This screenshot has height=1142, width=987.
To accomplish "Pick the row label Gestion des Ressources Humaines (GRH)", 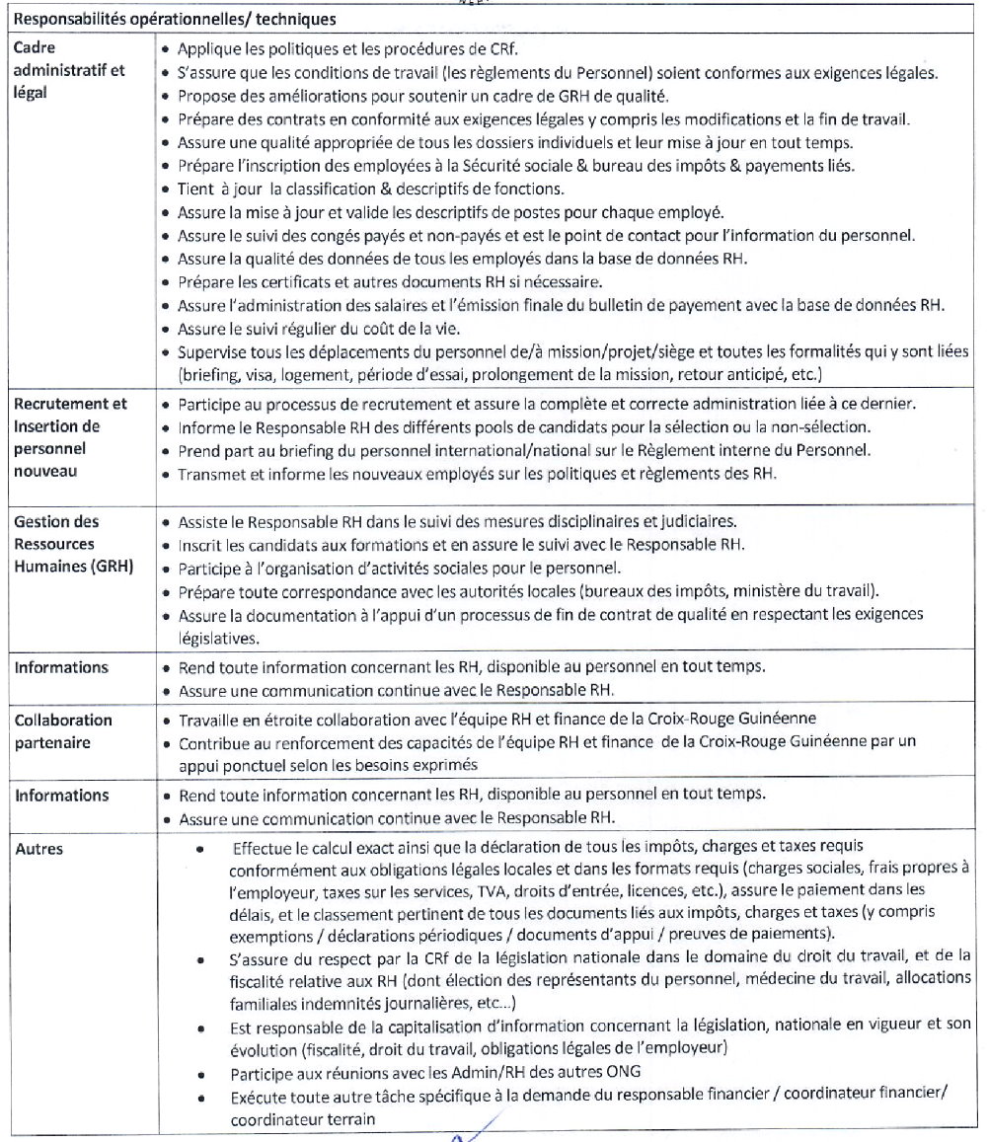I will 69,544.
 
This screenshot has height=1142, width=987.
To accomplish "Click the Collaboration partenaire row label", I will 62,731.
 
